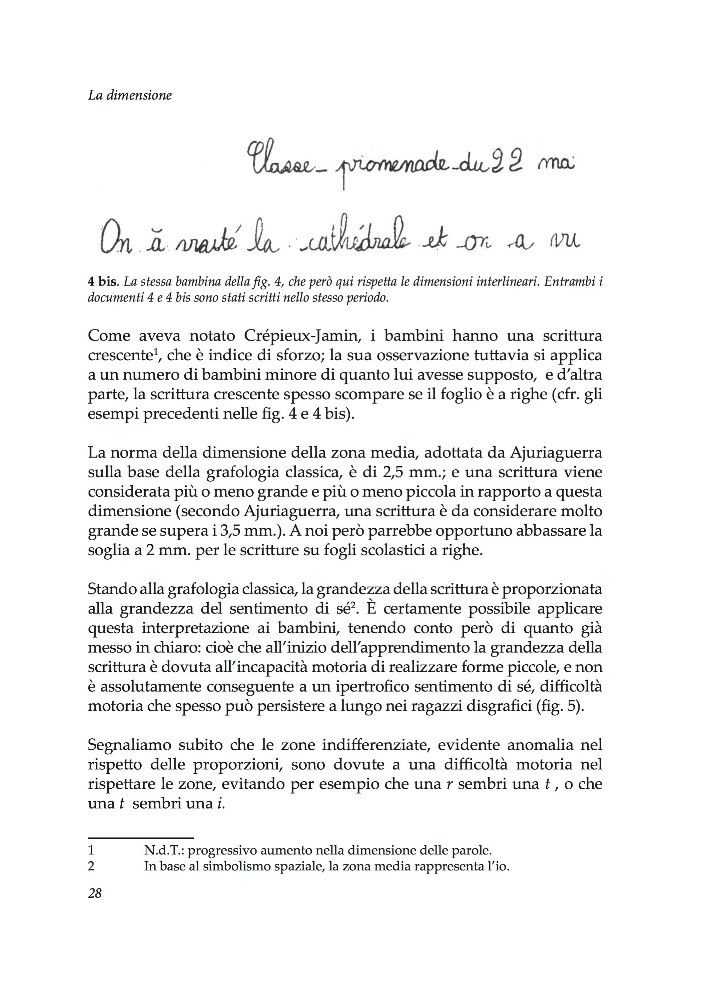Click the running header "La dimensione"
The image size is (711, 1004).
[x=130, y=95]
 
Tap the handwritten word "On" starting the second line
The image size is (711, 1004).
[x=116, y=242]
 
